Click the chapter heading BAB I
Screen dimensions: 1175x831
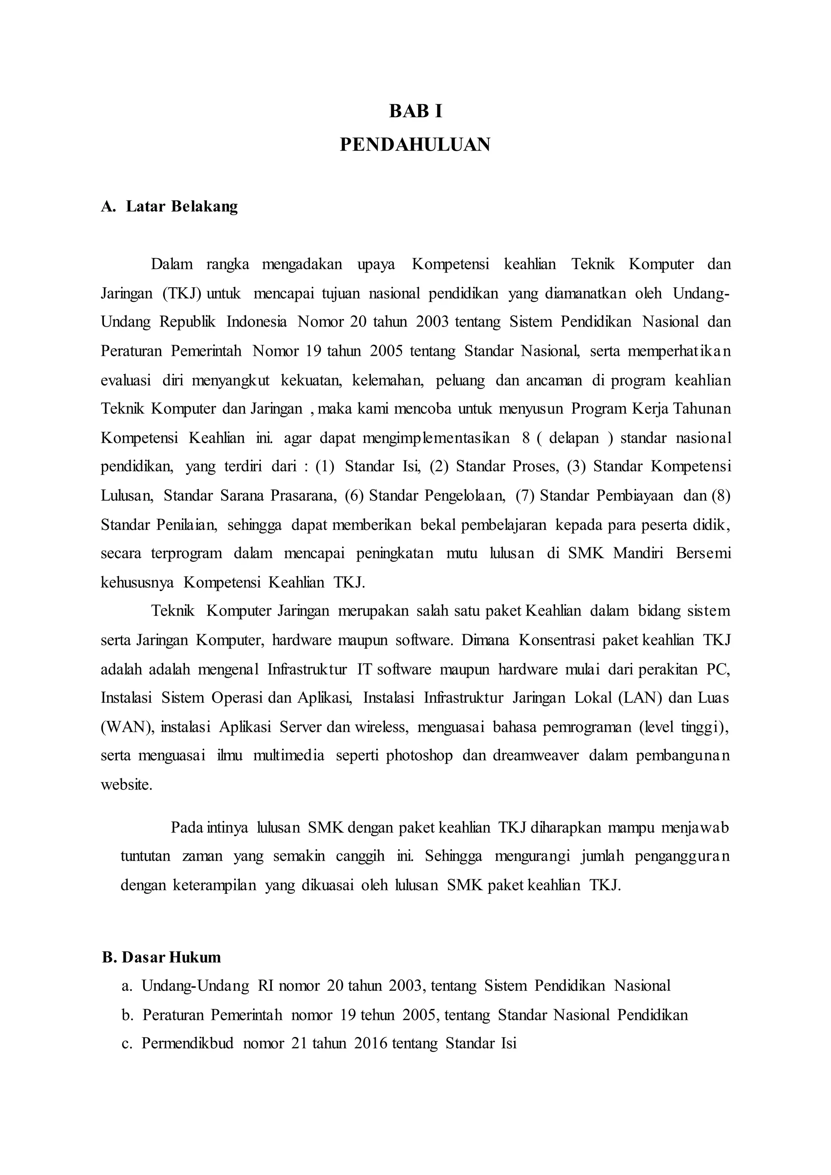click(x=415, y=111)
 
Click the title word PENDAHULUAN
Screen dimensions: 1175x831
click(x=415, y=145)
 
